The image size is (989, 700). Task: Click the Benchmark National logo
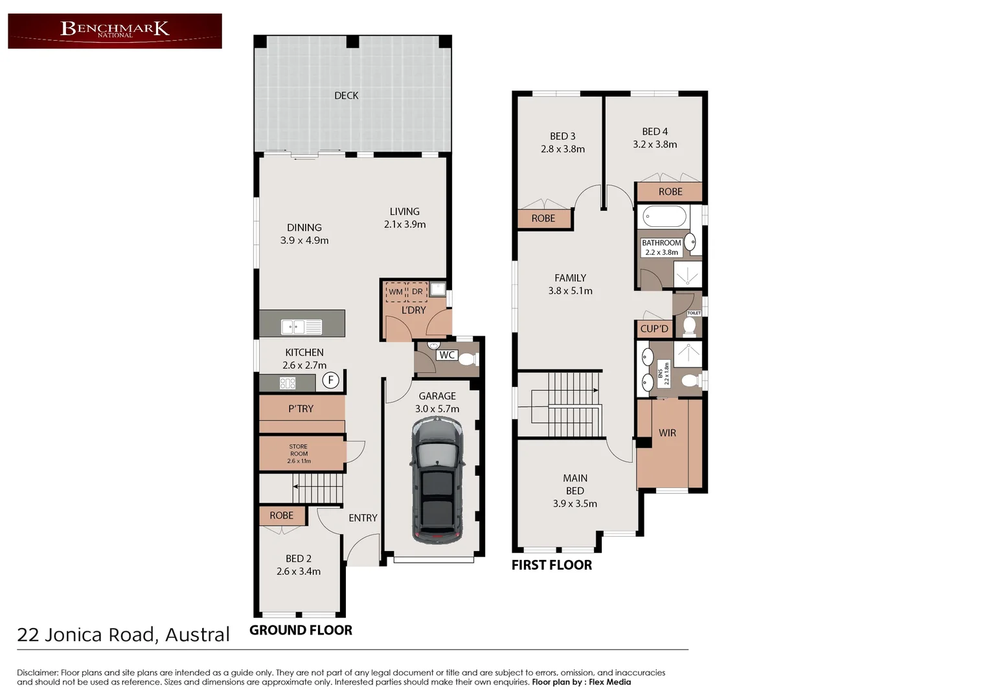[115, 30]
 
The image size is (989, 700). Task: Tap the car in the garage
[437, 480]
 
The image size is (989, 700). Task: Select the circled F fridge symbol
[330, 380]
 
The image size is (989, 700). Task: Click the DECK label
[346, 95]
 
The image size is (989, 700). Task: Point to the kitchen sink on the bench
[301, 327]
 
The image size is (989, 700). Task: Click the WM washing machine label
[395, 292]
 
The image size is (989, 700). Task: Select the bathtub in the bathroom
[664, 216]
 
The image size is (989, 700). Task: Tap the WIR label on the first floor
[667, 433]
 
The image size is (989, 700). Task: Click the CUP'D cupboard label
[654, 329]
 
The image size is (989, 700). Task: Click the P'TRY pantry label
[301, 409]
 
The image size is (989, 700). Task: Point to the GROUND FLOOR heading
[301, 630]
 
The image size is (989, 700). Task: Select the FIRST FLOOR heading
[551, 565]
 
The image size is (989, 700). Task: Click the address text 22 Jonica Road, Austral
[123, 635]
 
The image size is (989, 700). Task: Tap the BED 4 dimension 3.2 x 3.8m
[655, 145]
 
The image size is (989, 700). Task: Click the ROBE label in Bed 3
[543, 218]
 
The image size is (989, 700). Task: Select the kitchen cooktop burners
[288, 383]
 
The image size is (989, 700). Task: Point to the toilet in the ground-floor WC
[468, 360]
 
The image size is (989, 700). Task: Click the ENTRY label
[363, 518]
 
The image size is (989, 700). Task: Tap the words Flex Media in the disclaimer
[609, 682]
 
